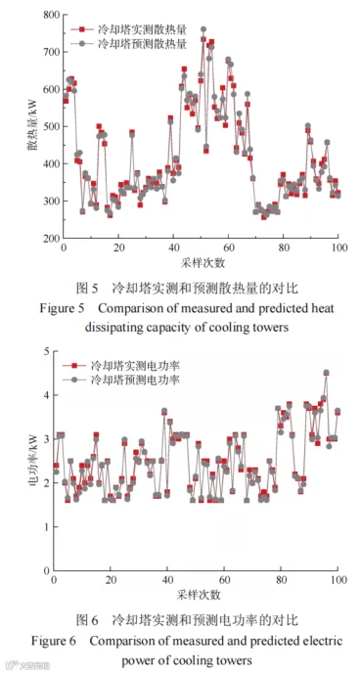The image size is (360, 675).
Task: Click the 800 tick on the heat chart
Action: (x=51, y=15)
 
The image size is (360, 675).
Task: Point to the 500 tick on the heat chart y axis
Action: (x=51, y=126)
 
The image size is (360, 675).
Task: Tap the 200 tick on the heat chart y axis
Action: (x=51, y=238)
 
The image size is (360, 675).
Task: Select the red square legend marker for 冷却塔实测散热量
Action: (x=82, y=29)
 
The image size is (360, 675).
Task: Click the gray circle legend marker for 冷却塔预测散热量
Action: (x=82, y=43)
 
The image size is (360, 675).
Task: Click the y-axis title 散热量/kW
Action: (x=32, y=126)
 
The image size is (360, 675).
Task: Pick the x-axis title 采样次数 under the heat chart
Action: (x=202, y=263)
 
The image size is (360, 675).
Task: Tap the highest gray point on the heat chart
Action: (x=203, y=29)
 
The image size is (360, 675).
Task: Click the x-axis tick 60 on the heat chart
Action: (x=228, y=248)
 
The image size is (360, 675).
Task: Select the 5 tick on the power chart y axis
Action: (x=47, y=351)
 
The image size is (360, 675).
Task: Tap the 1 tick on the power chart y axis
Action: (x=47, y=527)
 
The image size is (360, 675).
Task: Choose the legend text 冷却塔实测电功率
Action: (x=134, y=366)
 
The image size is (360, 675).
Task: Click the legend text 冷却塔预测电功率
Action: (x=134, y=381)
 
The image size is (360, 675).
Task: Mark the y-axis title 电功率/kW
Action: (x=33, y=462)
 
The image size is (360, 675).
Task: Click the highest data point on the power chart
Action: (x=326, y=373)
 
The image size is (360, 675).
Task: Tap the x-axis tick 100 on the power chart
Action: (x=337, y=580)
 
